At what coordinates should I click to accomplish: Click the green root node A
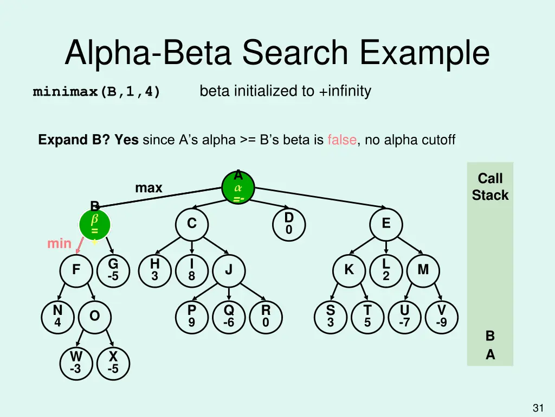point(238,188)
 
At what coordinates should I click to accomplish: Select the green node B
point(95,225)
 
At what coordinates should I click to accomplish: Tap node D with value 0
point(289,224)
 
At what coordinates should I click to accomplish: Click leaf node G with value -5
point(113,270)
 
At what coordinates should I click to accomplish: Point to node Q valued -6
point(229,316)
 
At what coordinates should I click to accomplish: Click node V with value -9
point(441,316)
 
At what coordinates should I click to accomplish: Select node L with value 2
point(385,270)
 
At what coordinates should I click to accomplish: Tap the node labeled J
point(229,270)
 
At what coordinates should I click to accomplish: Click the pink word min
point(59,244)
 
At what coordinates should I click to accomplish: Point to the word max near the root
point(149,188)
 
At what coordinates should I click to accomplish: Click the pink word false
point(341,140)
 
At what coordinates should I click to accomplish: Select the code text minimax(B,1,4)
point(96,92)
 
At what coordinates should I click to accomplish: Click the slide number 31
point(538,408)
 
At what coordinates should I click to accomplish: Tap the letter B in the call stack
point(490,336)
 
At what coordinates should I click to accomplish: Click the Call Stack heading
point(490,186)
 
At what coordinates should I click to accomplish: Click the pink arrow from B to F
point(80,248)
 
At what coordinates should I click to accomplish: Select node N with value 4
point(57,316)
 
